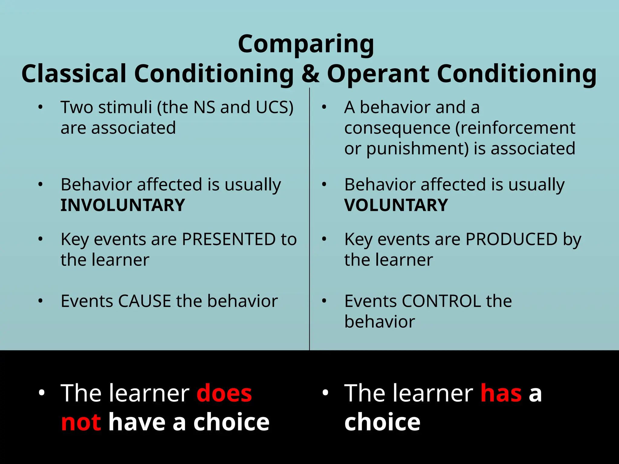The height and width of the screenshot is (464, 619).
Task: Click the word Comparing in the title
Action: tap(306, 45)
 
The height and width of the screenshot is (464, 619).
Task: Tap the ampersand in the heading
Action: tap(310, 74)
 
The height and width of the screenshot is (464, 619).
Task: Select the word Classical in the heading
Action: tap(74, 74)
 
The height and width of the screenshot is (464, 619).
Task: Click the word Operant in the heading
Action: tap(378, 74)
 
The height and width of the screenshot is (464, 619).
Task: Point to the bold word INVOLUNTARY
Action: tap(123, 205)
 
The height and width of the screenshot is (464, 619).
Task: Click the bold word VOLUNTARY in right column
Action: tap(396, 205)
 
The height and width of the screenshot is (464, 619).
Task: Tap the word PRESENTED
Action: tap(229, 240)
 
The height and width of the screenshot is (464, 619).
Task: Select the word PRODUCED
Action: tap(511, 240)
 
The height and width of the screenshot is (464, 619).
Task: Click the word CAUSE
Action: tap(145, 301)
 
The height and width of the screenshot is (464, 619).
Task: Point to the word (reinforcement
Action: tap(515, 128)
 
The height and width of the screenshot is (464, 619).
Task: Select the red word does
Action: tap(224, 394)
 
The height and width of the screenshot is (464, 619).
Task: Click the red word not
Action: tap(81, 422)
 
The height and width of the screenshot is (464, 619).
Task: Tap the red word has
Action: tap(501, 394)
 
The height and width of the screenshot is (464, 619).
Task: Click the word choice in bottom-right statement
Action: tap(382, 422)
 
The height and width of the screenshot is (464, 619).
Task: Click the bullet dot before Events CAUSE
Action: tap(41, 301)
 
